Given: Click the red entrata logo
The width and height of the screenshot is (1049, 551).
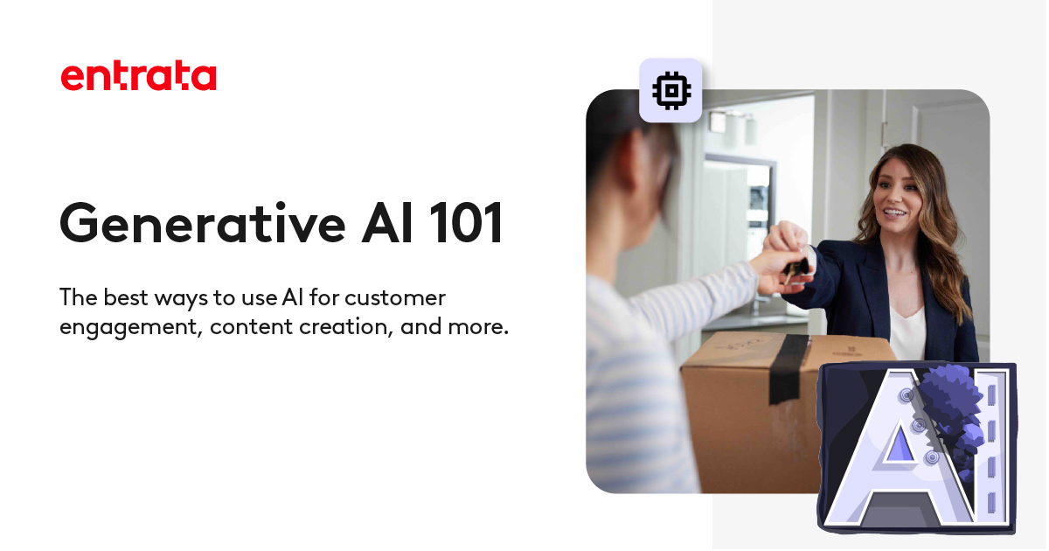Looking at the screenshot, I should (138, 76).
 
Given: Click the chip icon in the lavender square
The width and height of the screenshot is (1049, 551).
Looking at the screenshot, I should (670, 90).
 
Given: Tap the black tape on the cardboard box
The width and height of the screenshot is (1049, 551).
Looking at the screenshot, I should (789, 367).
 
